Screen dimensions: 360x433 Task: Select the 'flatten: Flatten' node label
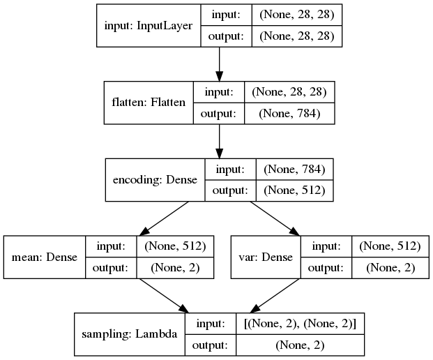pos(149,102)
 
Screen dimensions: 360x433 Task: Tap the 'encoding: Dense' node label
pos(154,179)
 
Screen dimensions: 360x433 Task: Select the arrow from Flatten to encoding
pos(220,141)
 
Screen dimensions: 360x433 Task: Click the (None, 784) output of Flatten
pos(288,113)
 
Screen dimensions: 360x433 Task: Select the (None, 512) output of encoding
pos(295,190)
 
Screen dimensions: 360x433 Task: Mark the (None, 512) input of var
pos(390,246)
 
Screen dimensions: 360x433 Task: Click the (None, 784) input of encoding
pos(295,169)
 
